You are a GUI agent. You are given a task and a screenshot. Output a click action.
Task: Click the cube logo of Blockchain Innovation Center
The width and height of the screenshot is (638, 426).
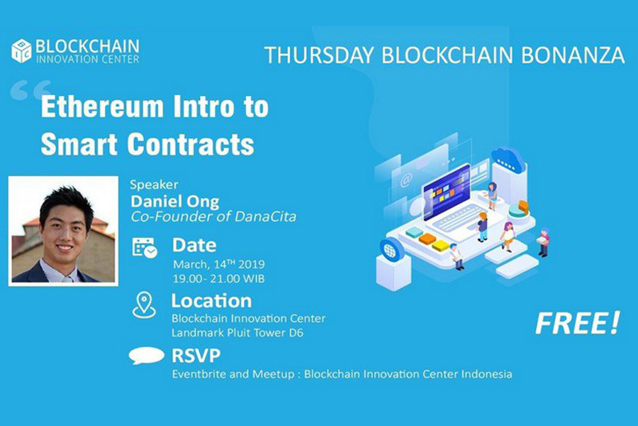pyautogui.click(x=21, y=51)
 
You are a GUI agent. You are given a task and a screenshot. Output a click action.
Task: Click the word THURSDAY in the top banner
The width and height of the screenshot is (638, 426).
pyautogui.click(x=319, y=55)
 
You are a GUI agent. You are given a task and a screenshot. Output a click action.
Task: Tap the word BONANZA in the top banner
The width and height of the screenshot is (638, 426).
pyautogui.click(x=573, y=55)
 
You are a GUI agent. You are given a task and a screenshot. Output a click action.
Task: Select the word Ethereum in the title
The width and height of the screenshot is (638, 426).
pyautogui.click(x=102, y=106)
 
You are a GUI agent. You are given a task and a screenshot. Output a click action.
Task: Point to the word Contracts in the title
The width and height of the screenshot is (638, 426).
pyautogui.click(x=191, y=144)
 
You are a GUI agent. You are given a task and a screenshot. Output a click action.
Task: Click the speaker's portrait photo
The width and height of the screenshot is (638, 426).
pyautogui.click(x=64, y=231)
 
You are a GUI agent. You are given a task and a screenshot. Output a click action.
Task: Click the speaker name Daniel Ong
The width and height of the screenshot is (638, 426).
pyautogui.click(x=175, y=201)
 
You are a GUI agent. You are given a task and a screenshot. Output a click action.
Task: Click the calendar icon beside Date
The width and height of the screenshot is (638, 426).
pyautogui.click(x=145, y=248)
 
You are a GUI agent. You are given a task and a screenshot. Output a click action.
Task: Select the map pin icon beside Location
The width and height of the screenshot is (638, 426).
pyautogui.click(x=144, y=305)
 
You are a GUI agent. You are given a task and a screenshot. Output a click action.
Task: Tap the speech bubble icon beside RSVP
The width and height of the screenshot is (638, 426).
pyautogui.click(x=147, y=356)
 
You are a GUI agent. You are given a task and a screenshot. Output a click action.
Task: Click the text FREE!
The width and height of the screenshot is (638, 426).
pyautogui.click(x=577, y=323)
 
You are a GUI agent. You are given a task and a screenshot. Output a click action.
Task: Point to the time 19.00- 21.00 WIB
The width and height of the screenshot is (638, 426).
pyautogui.click(x=218, y=279)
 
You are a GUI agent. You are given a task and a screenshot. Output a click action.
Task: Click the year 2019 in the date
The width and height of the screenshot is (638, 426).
pyautogui.click(x=252, y=264)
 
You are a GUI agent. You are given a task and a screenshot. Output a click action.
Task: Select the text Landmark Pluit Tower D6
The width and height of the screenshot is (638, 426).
pyautogui.click(x=237, y=333)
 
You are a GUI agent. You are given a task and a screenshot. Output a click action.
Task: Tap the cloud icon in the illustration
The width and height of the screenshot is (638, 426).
pyautogui.click(x=508, y=159)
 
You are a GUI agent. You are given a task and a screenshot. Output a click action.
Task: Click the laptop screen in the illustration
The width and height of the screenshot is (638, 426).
pyautogui.click(x=447, y=192)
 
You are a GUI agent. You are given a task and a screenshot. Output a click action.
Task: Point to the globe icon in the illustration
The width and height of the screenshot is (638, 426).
pyautogui.click(x=390, y=250)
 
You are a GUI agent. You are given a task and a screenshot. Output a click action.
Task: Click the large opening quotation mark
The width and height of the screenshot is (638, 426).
pyautogui.click(x=31, y=90)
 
